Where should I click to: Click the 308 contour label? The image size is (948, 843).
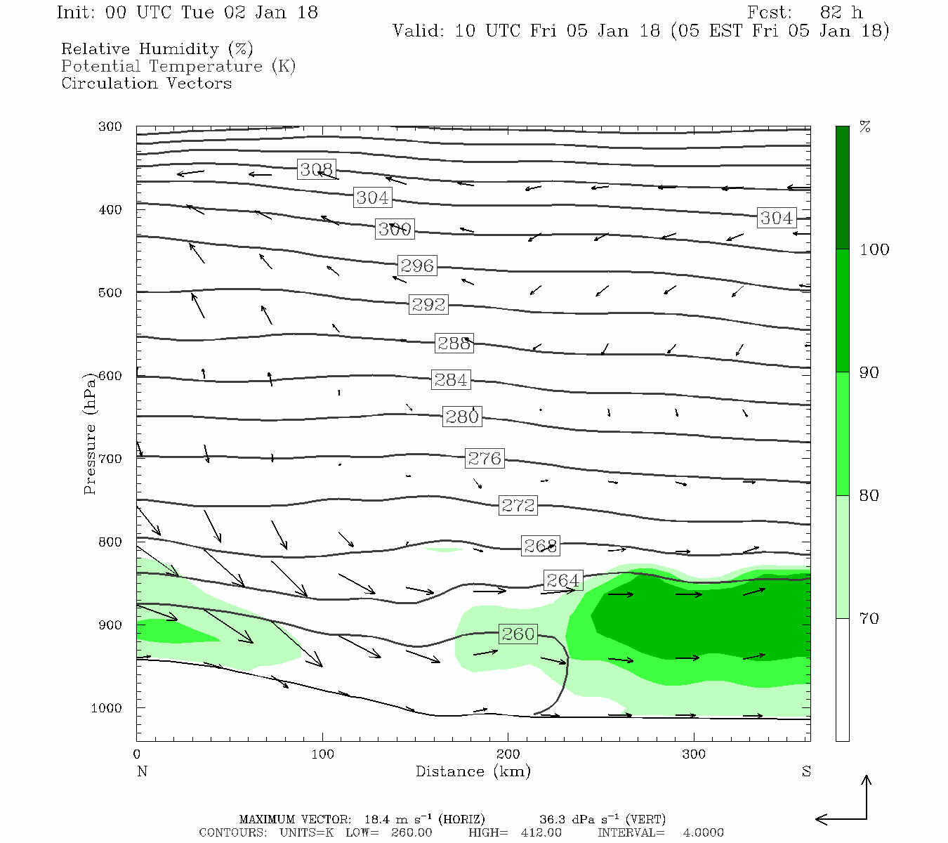click(x=316, y=169)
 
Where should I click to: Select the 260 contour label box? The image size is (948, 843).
click(x=518, y=634)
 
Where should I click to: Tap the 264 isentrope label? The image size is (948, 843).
click(x=563, y=580)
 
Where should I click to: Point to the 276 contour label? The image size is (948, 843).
click(x=485, y=459)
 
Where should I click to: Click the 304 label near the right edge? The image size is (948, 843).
click(x=777, y=218)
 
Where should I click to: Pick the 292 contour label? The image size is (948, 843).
click(x=428, y=304)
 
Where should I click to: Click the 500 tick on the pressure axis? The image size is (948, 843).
click(x=110, y=292)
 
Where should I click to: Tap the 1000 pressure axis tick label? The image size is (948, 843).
click(x=107, y=708)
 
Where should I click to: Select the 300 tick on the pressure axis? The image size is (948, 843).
click(x=110, y=126)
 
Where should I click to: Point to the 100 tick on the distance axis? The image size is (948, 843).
click(x=322, y=754)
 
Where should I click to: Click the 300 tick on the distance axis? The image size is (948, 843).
click(x=694, y=754)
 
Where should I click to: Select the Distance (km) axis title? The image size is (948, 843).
click(x=473, y=771)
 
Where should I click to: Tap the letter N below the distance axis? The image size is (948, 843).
click(x=142, y=771)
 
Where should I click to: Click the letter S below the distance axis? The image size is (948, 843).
click(x=806, y=771)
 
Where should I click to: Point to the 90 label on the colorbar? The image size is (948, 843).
click(x=869, y=372)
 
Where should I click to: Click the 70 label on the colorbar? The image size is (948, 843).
click(x=869, y=618)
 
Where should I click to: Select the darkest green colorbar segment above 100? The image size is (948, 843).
click(x=842, y=188)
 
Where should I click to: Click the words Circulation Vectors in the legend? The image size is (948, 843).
click(x=146, y=83)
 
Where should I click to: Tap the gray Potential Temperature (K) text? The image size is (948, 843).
click(x=178, y=66)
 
